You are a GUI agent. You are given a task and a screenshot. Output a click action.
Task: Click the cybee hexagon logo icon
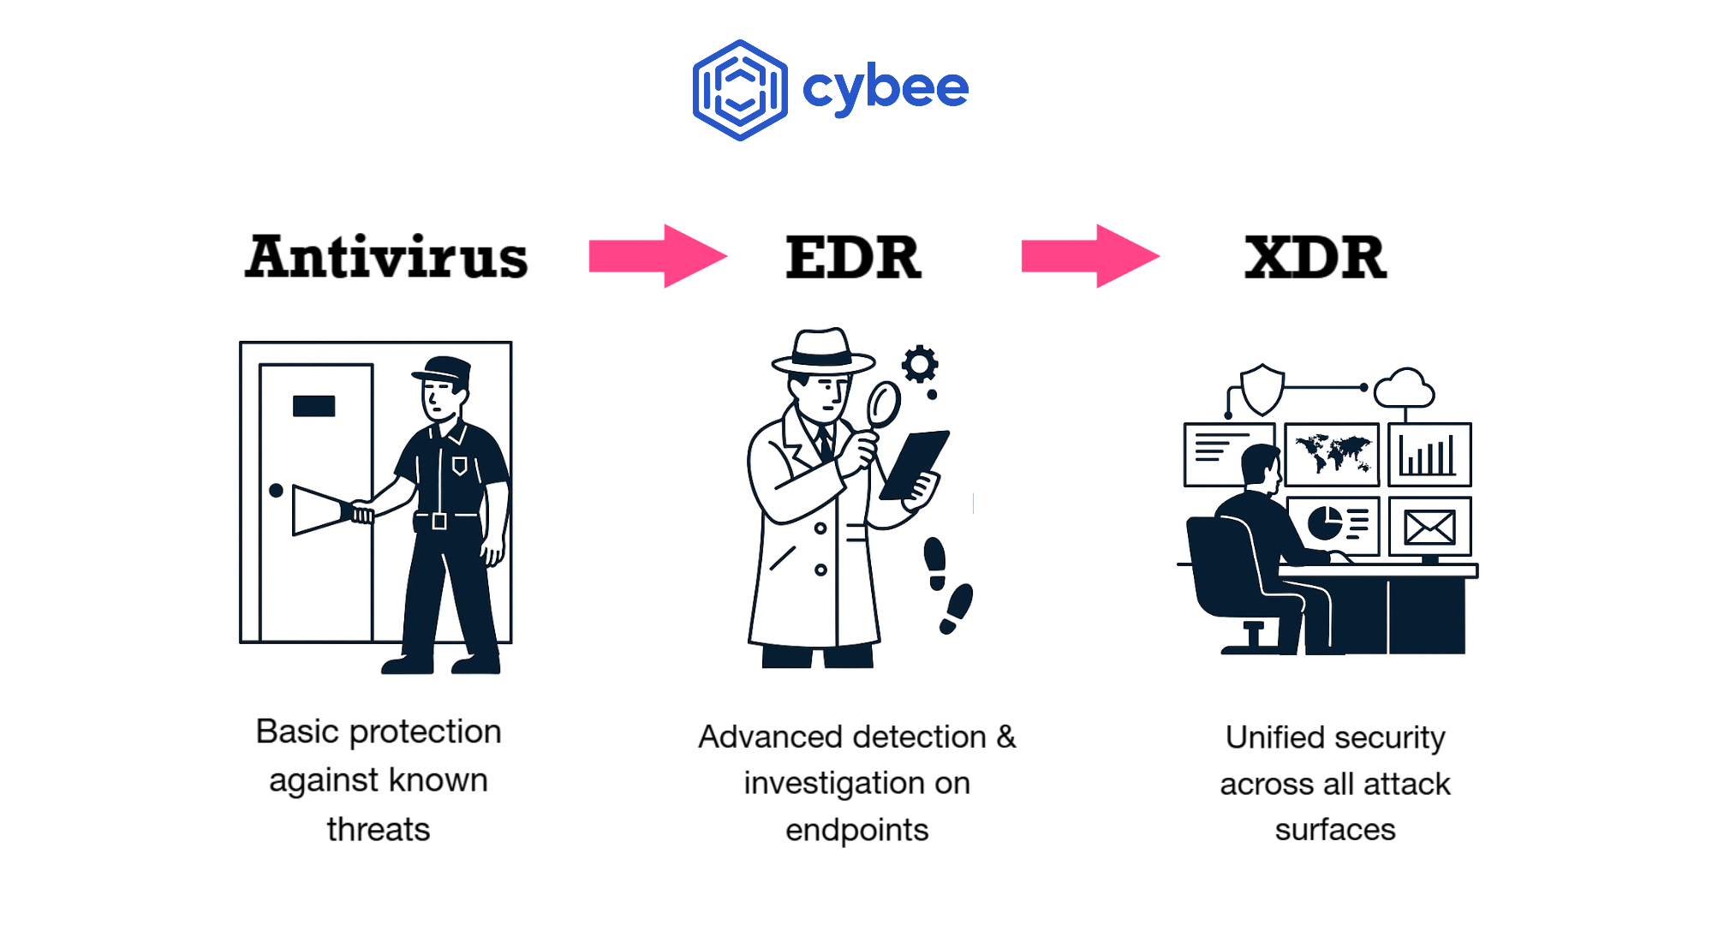740,90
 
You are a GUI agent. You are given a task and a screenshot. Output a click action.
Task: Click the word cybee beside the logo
885,88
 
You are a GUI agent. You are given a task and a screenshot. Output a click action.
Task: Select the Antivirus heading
386,257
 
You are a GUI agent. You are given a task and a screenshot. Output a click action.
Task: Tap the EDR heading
853,257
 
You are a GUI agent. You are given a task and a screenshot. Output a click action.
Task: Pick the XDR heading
1315,257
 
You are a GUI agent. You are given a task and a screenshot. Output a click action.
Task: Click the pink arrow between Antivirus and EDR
657,256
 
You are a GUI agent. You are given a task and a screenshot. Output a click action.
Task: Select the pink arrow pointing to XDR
1089,256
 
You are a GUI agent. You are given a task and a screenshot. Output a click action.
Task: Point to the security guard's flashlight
321,510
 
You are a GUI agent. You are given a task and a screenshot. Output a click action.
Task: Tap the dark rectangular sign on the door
313,405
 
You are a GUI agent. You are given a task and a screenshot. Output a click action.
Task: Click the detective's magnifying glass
883,405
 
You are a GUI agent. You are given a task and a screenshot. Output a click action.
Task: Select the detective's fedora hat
822,351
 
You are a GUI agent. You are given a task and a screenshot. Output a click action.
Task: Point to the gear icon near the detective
920,364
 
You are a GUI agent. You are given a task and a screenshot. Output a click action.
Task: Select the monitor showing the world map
1332,454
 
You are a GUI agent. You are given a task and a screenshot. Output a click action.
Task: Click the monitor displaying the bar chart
1429,454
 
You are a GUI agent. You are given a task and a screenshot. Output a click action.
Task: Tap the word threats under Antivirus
379,829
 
